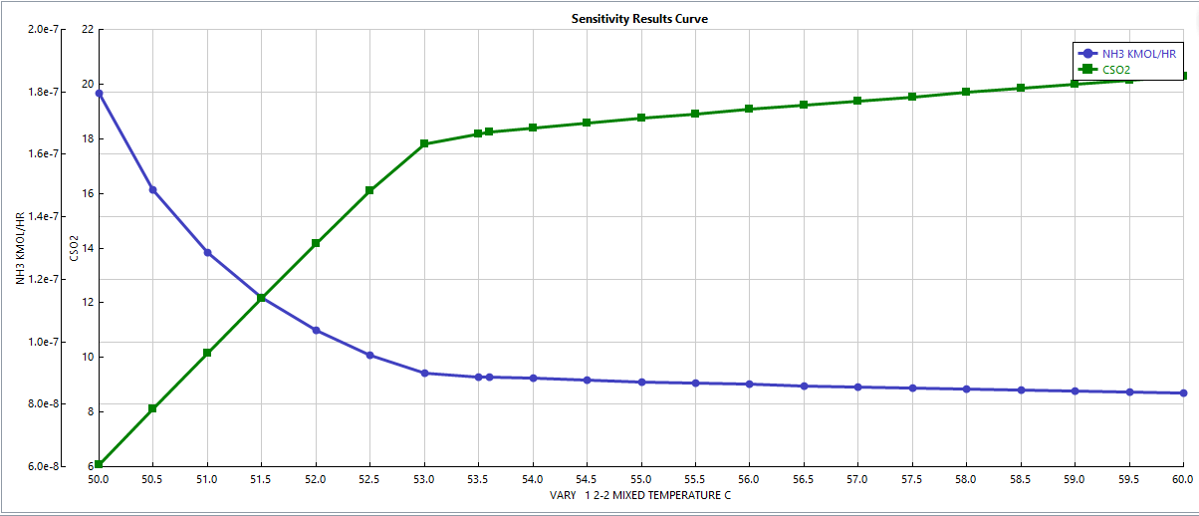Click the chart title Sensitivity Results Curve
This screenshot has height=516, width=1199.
click(639, 19)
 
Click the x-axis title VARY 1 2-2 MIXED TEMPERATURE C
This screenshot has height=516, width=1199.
click(639, 495)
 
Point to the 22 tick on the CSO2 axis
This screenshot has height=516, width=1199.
click(87, 30)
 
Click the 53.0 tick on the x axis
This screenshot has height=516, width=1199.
click(424, 479)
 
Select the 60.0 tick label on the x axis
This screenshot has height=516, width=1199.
click(1182, 479)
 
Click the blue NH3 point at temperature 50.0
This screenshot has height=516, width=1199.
click(99, 94)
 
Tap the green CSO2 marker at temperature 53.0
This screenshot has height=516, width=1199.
click(424, 144)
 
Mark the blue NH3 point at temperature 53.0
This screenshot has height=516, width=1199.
click(424, 374)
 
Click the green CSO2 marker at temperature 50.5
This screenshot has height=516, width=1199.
click(152, 408)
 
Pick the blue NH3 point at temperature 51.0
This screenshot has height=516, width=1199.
click(207, 253)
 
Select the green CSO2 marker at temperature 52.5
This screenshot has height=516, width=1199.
click(369, 190)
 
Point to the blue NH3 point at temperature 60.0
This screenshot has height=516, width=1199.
click(1183, 393)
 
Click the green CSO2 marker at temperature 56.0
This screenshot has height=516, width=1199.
click(749, 110)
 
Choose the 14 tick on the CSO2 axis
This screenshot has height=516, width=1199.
click(87, 248)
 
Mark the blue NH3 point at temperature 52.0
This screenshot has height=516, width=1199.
click(316, 331)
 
